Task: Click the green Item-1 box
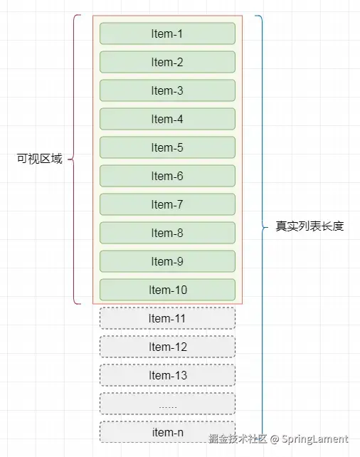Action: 167,33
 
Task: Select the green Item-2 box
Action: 167,62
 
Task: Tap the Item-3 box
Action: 167,90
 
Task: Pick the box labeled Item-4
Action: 167,119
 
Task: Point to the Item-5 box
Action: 167,147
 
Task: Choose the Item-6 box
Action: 167,176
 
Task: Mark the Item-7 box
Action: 167,204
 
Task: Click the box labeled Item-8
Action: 167,233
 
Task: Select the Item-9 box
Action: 167,261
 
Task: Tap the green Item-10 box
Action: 167,290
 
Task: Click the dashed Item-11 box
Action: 167,318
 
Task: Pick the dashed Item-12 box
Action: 167,347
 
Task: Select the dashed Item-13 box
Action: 167,375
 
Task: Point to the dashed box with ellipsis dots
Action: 167,404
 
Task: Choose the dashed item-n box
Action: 167,432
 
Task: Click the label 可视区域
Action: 40,159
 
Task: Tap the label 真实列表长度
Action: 309,226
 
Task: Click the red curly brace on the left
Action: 77,159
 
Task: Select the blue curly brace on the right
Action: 261,226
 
